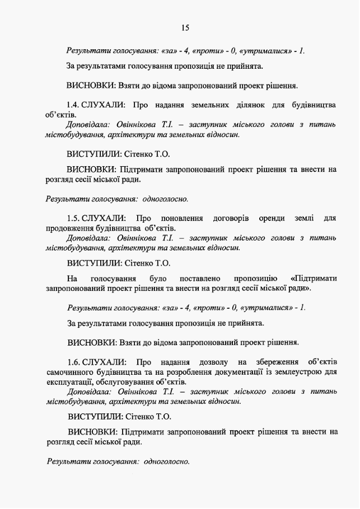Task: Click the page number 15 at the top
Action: point(185,27)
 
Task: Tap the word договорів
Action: point(231,218)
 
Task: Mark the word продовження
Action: point(70,228)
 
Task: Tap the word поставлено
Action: point(200,279)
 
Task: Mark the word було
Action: point(158,279)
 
